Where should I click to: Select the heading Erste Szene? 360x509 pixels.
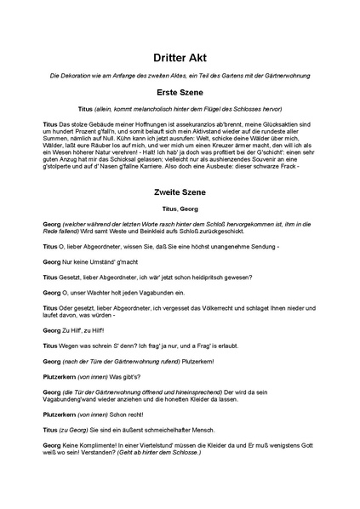click(x=180, y=91)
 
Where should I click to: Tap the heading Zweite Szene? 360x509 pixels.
click(x=180, y=192)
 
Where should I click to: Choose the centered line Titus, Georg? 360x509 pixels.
click(x=180, y=209)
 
